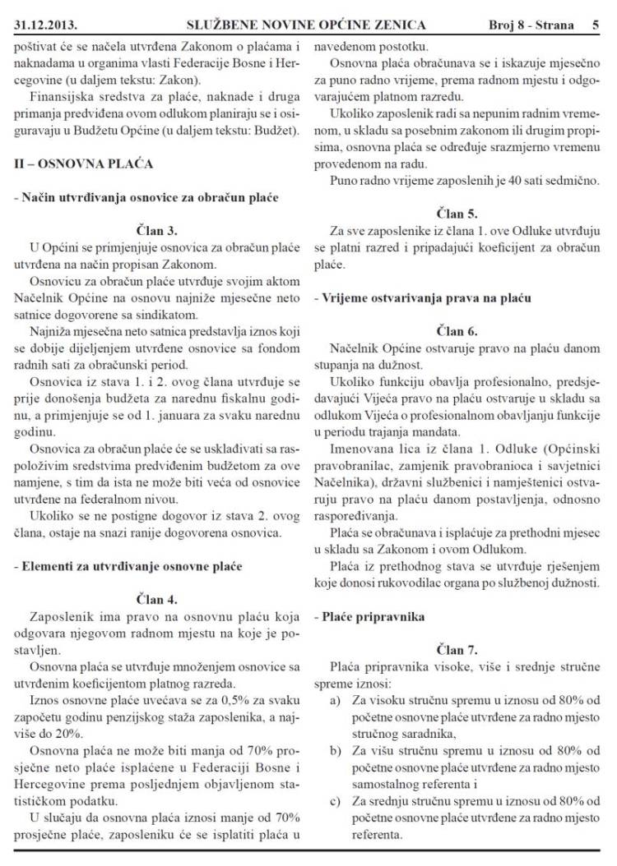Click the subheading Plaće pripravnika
click(x=370, y=615)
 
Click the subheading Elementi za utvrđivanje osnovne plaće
click(x=128, y=566)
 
